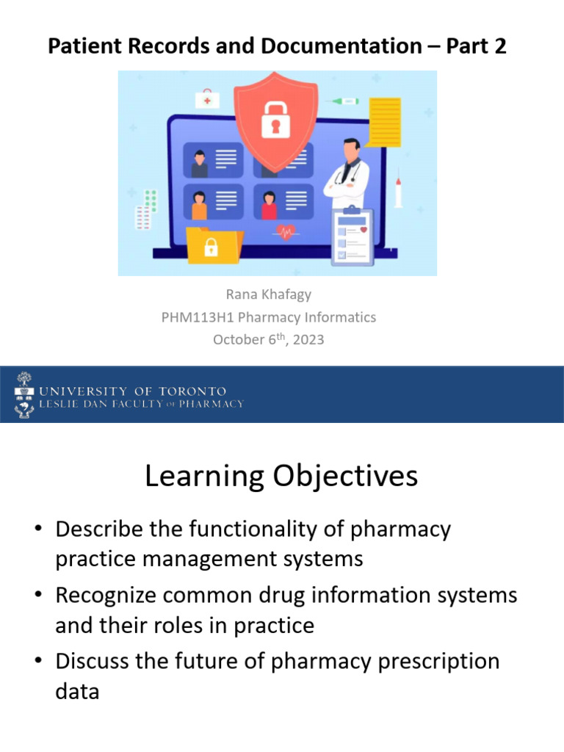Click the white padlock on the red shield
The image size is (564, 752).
(x=275, y=117)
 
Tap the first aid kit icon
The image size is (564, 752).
(x=207, y=98)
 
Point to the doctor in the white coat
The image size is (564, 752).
(x=346, y=173)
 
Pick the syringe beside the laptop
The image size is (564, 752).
(x=399, y=190)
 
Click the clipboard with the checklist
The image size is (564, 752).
(x=352, y=236)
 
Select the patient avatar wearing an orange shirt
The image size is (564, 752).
(x=199, y=205)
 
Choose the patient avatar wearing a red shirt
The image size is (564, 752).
(x=269, y=205)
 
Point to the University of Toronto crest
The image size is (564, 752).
(x=24, y=395)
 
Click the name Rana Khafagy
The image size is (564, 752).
(x=269, y=294)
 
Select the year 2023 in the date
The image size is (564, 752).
(x=308, y=340)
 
